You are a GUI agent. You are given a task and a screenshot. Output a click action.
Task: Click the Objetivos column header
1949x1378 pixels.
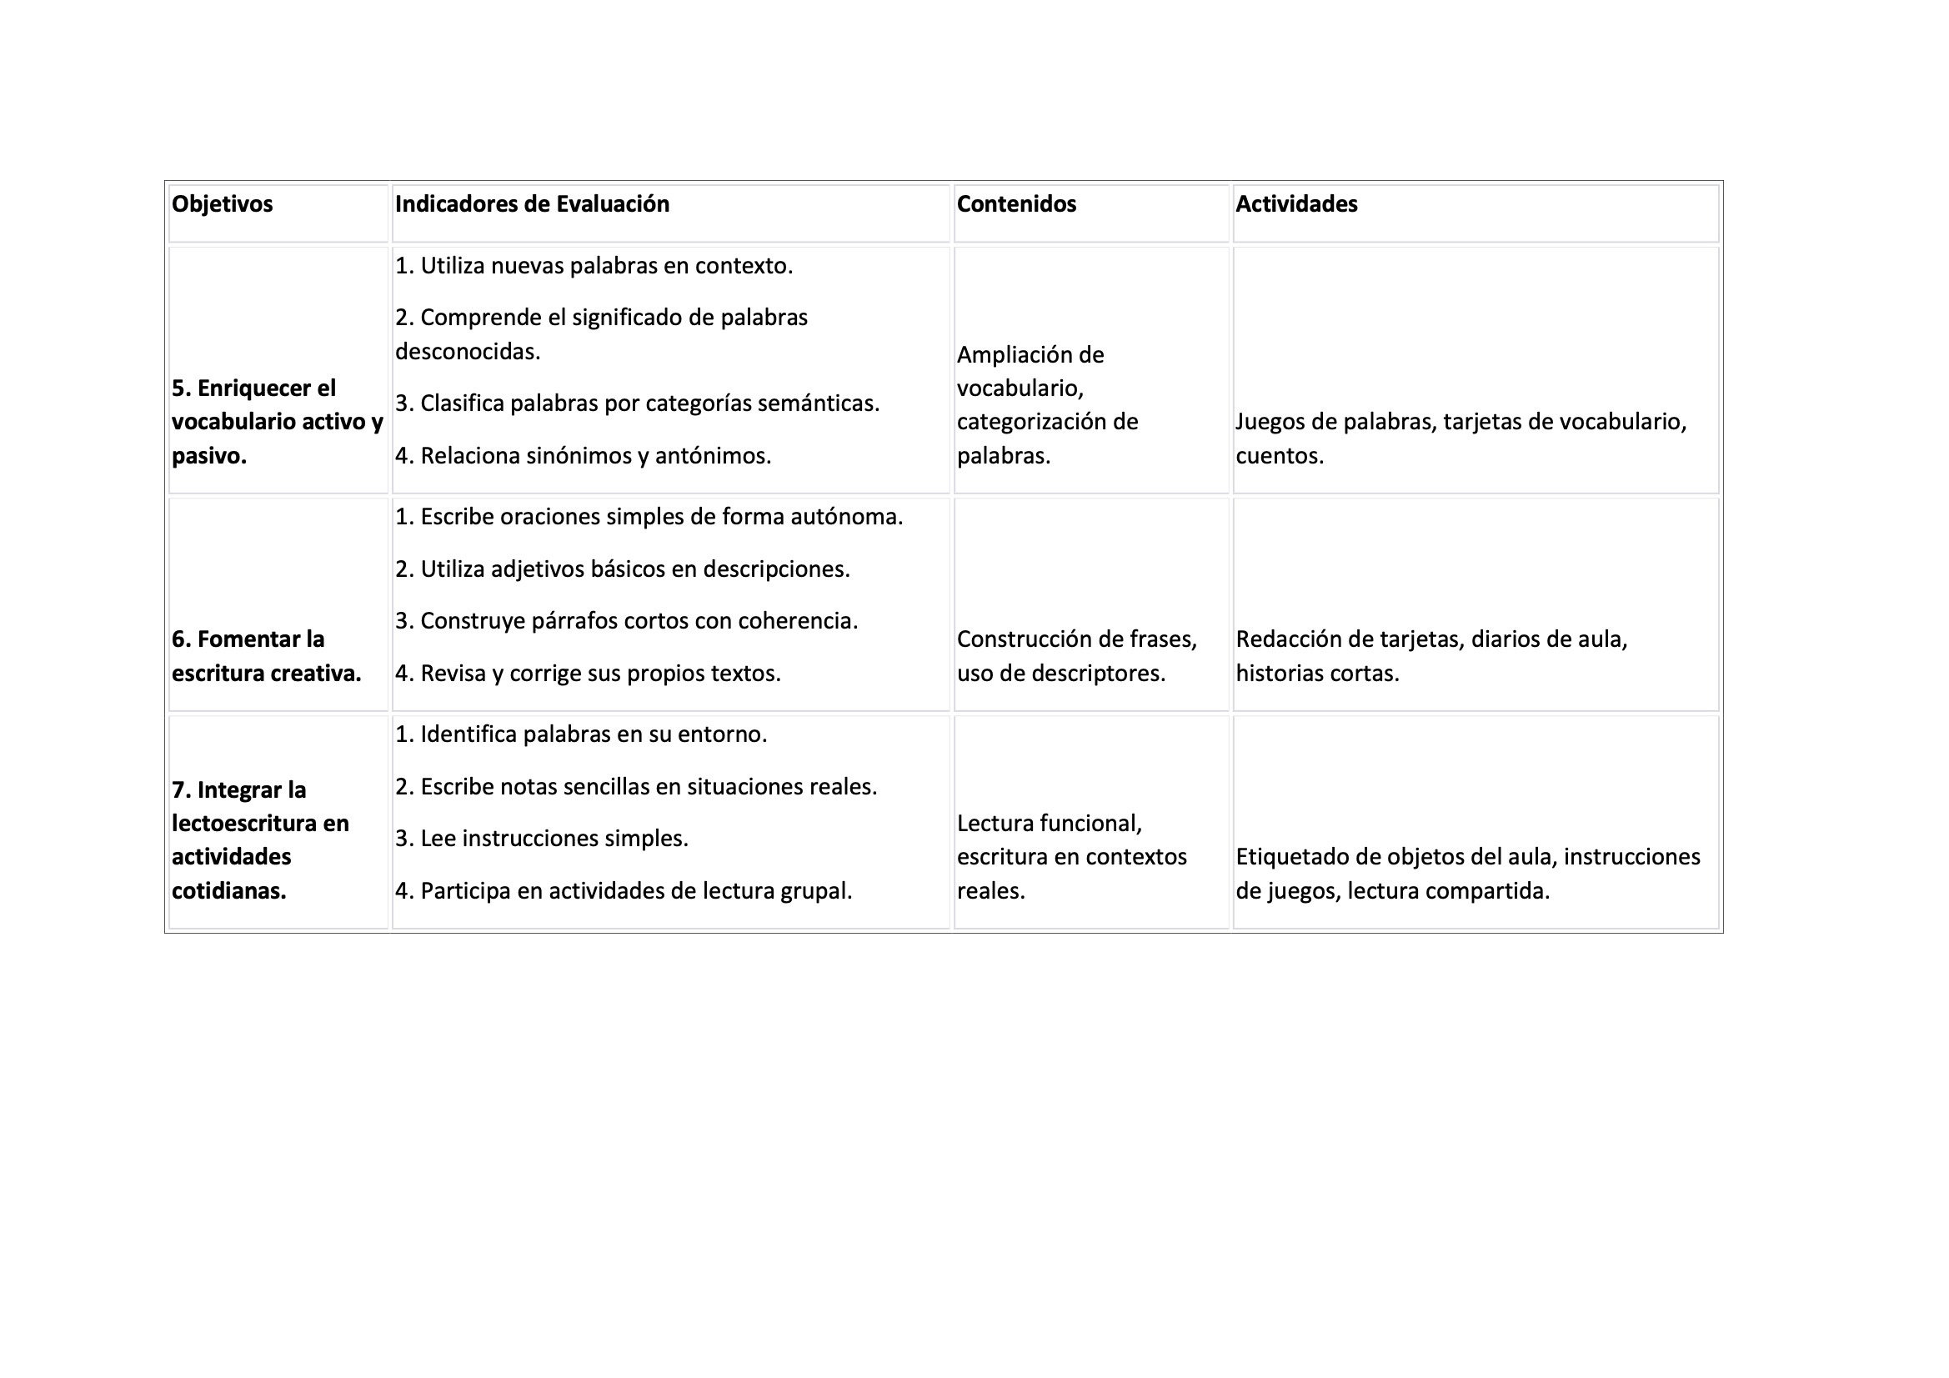223,204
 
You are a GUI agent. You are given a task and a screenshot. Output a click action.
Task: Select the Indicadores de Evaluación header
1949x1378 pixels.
532,204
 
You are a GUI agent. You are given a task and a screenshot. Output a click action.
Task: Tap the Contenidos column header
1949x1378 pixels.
1016,204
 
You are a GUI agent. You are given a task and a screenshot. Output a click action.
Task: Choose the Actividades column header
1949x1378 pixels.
1296,204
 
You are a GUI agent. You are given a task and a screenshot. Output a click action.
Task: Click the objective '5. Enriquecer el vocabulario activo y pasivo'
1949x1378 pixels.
277,422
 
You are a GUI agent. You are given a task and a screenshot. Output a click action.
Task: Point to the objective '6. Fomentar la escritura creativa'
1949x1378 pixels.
266,656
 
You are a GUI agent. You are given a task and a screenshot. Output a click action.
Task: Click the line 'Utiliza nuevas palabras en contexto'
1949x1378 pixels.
594,267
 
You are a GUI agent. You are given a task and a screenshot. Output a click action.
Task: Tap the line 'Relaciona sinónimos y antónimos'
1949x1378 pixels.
584,456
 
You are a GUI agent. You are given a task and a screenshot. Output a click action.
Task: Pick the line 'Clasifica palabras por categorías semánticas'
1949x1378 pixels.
638,403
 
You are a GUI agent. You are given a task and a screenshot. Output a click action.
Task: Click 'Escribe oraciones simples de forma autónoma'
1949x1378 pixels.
649,517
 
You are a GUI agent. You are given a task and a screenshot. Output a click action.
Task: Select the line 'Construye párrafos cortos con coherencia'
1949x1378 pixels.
627,622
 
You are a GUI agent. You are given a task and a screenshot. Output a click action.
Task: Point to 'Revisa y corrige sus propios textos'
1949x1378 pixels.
588,674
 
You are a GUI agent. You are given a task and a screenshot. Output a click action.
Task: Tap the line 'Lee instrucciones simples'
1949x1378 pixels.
542,839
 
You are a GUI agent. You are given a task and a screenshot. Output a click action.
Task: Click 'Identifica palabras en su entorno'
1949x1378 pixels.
581,734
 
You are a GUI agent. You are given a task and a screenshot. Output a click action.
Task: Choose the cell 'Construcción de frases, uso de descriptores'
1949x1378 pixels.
1076,656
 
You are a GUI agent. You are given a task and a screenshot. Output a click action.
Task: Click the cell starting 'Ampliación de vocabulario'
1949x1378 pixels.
1047,405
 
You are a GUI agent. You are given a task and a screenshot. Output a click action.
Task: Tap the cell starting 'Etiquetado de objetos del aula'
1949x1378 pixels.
1467,874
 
